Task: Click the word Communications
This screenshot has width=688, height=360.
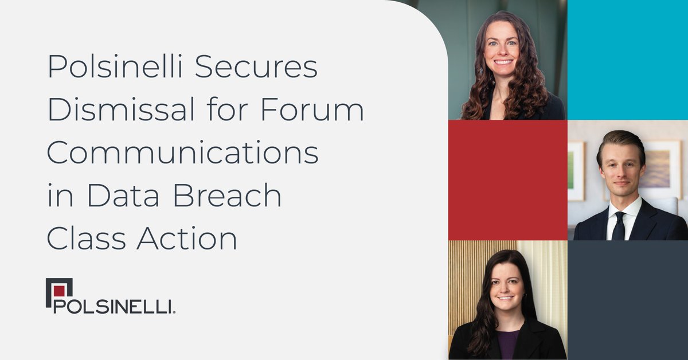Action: coord(182,154)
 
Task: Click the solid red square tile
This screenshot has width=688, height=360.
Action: coord(507,179)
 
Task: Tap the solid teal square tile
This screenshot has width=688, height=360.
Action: coord(627,60)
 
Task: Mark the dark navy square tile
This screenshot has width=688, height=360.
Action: coord(627,300)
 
